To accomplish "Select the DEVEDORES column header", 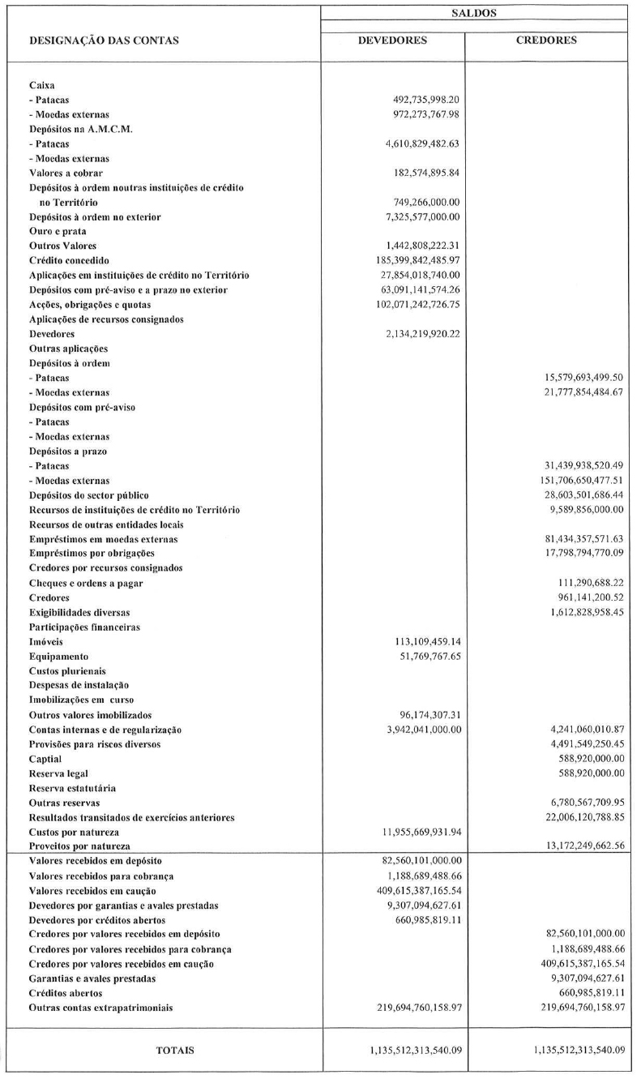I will tap(392, 40).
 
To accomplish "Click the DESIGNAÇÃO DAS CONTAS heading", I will tap(104, 41).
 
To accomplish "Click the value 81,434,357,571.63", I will tap(579, 539).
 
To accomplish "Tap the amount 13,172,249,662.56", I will tap(579, 846).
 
